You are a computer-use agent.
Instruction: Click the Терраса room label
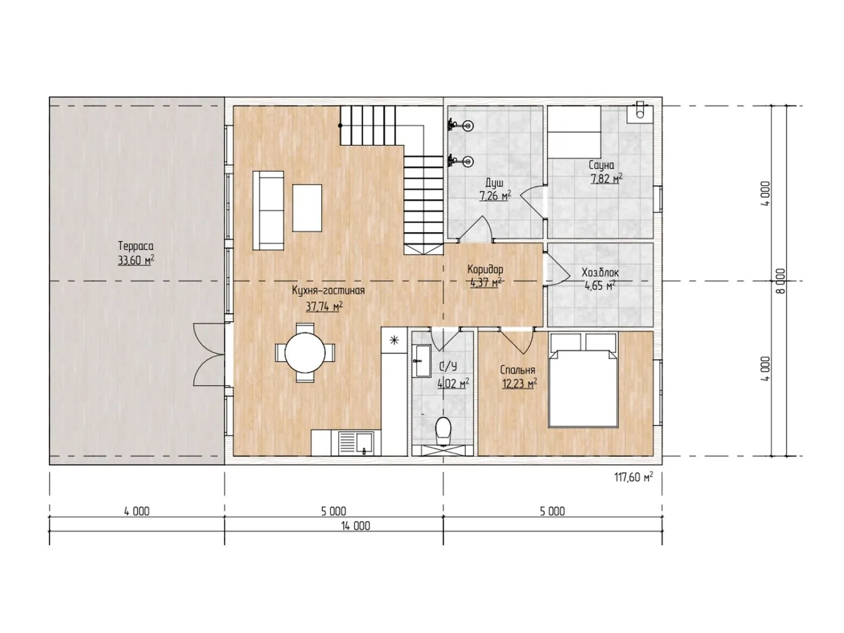(x=135, y=246)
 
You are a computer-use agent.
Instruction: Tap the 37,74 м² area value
(x=324, y=307)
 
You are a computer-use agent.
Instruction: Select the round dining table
(x=305, y=352)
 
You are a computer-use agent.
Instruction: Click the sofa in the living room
(x=268, y=210)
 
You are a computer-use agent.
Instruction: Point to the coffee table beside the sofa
(x=307, y=208)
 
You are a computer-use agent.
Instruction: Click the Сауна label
(x=601, y=165)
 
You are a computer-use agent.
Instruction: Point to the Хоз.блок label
(x=600, y=273)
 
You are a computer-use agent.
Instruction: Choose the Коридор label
(x=485, y=269)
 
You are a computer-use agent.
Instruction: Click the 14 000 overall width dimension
(x=356, y=526)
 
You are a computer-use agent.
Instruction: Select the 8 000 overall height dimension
(x=781, y=281)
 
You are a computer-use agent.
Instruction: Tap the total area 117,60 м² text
(x=633, y=477)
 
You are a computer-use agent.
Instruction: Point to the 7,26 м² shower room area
(x=495, y=196)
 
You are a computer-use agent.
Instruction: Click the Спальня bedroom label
(x=517, y=370)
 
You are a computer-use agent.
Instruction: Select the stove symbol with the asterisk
(x=394, y=340)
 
